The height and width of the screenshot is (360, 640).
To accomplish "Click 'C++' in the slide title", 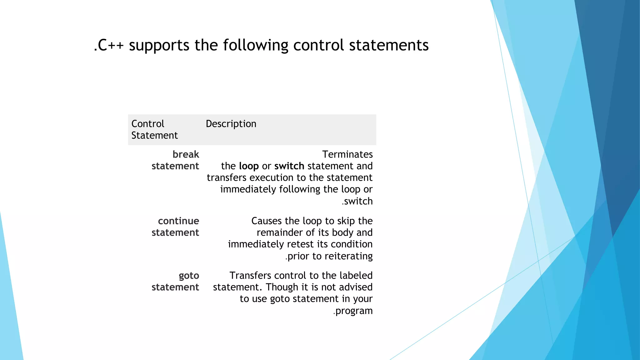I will coord(111,45).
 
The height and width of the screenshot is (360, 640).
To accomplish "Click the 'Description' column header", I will coord(231,124).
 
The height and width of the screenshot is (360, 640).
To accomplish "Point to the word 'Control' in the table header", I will coord(147,124).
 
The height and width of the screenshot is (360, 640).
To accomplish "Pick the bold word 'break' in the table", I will coord(186,154).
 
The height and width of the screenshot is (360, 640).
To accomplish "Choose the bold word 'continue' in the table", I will coord(178,221).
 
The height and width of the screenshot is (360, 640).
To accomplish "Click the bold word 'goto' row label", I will coord(189,276).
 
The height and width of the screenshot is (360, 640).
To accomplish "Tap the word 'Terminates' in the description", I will coord(347,154).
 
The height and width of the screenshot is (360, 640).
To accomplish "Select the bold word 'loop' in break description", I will coord(249,166).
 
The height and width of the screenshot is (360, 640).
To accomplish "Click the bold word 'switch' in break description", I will coord(289,166).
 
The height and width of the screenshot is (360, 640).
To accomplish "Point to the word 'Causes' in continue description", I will coord(267,221).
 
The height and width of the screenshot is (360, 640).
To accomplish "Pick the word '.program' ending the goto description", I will coord(353,311).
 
